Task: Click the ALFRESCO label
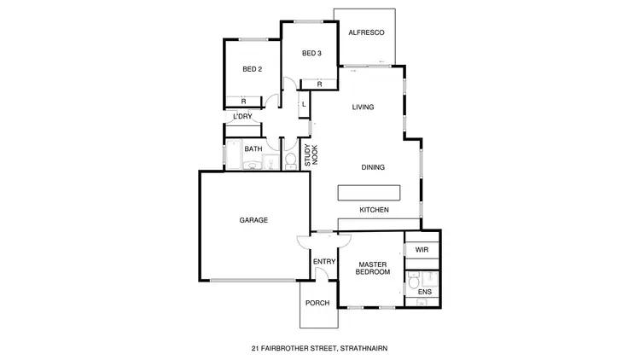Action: pyautogui.click(x=367, y=32)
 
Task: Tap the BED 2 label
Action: pyautogui.click(x=252, y=70)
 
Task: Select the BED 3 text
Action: pyautogui.click(x=311, y=54)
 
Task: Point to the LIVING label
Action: pyautogui.click(x=364, y=107)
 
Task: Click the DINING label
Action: pyautogui.click(x=373, y=167)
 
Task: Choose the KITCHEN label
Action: pyautogui.click(x=374, y=210)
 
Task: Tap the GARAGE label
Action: pyautogui.click(x=253, y=220)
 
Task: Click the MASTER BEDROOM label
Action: pyautogui.click(x=374, y=268)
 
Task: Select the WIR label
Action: pyautogui.click(x=422, y=250)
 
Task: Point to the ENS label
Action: pyautogui.click(x=424, y=293)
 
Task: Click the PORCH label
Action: pyautogui.click(x=317, y=302)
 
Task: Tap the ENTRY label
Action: pyautogui.click(x=324, y=262)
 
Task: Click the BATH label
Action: pyautogui.click(x=253, y=149)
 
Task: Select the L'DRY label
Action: pyautogui.click(x=242, y=117)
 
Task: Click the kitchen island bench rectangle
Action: pyautogui.click(x=369, y=191)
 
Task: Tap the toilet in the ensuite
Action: pyautogui.click(x=412, y=281)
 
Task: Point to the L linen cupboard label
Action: pyautogui.click(x=303, y=105)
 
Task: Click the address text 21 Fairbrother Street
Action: pyautogui.click(x=319, y=348)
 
